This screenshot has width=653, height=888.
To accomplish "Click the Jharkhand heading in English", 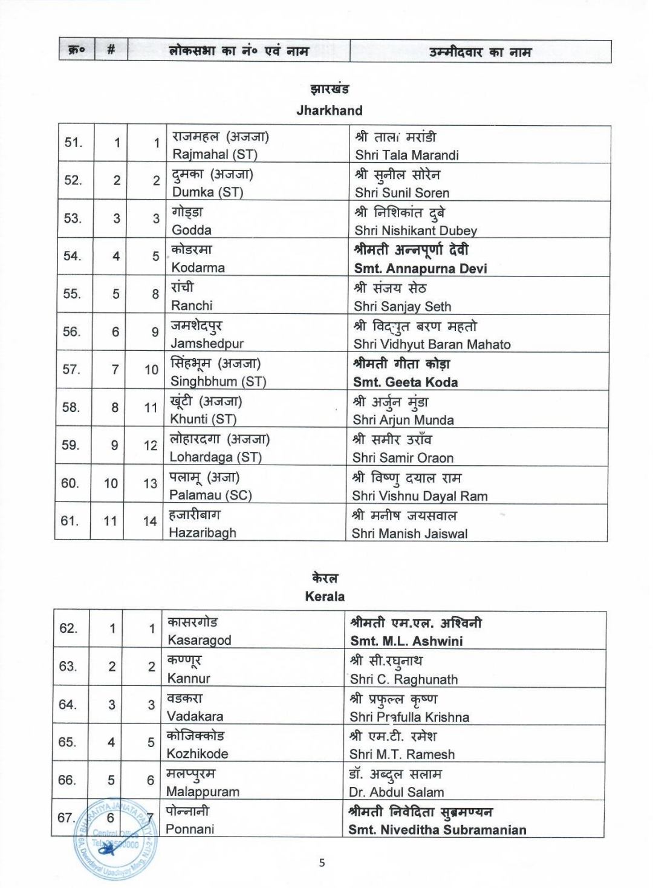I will (x=329, y=111).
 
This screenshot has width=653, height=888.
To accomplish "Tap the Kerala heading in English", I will (x=325, y=596).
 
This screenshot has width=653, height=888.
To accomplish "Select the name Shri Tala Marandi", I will (x=406, y=155).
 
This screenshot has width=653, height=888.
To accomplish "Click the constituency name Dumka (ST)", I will (x=207, y=192).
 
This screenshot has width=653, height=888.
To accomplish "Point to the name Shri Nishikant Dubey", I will (x=415, y=230).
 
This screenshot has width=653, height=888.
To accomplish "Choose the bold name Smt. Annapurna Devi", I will (x=420, y=269).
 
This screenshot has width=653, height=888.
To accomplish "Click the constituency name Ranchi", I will (x=192, y=305).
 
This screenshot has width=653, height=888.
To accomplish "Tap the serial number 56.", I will (x=72, y=331).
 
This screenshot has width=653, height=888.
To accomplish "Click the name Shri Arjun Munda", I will (x=403, y=420).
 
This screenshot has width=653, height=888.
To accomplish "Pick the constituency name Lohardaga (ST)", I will (x=215, y=457).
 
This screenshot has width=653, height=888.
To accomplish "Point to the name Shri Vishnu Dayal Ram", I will (x=420, y=496).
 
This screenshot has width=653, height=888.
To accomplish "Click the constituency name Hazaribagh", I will (x=203, y=533).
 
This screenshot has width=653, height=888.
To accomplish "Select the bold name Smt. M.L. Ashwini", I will (x=406, y=641).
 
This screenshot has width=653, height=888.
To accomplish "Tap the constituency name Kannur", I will (x=189, y=679).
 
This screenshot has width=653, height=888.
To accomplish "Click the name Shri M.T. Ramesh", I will (x=401, y=754).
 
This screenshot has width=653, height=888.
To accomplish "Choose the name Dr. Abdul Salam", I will (x=396, y=792).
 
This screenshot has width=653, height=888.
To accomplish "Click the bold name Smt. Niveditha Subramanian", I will (x=437, y=830).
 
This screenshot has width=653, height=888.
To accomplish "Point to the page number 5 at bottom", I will (x=322, y=863).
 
